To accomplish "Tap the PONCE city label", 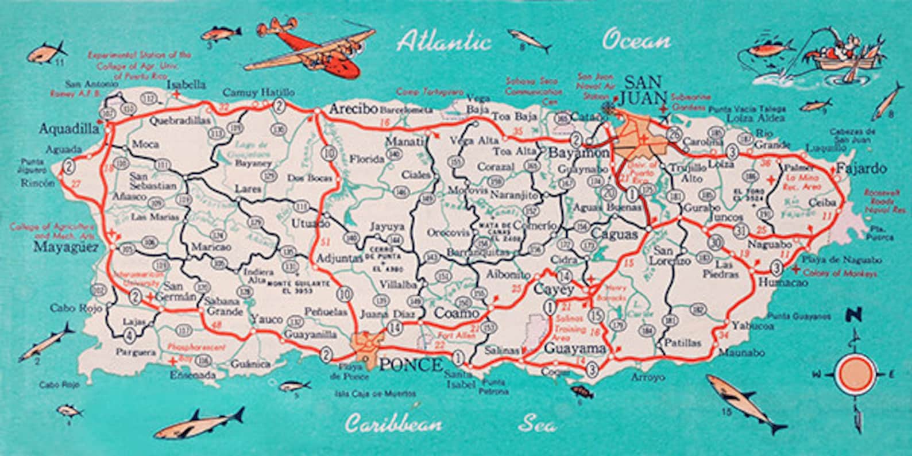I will (411, 365).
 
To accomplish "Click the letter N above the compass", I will (856, 315).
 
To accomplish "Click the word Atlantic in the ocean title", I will (443, 42).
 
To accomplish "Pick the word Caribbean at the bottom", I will (393, 424).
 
